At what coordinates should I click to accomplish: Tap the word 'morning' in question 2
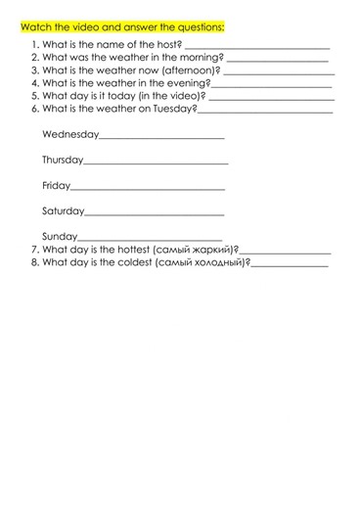point(200,58)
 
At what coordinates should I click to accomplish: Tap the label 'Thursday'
point(63,160)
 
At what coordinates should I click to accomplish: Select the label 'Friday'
point(56,185)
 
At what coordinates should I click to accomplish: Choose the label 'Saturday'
point(63,210)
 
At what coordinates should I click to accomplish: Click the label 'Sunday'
point(59,236)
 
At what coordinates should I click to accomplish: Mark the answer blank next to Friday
point(148,187)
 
